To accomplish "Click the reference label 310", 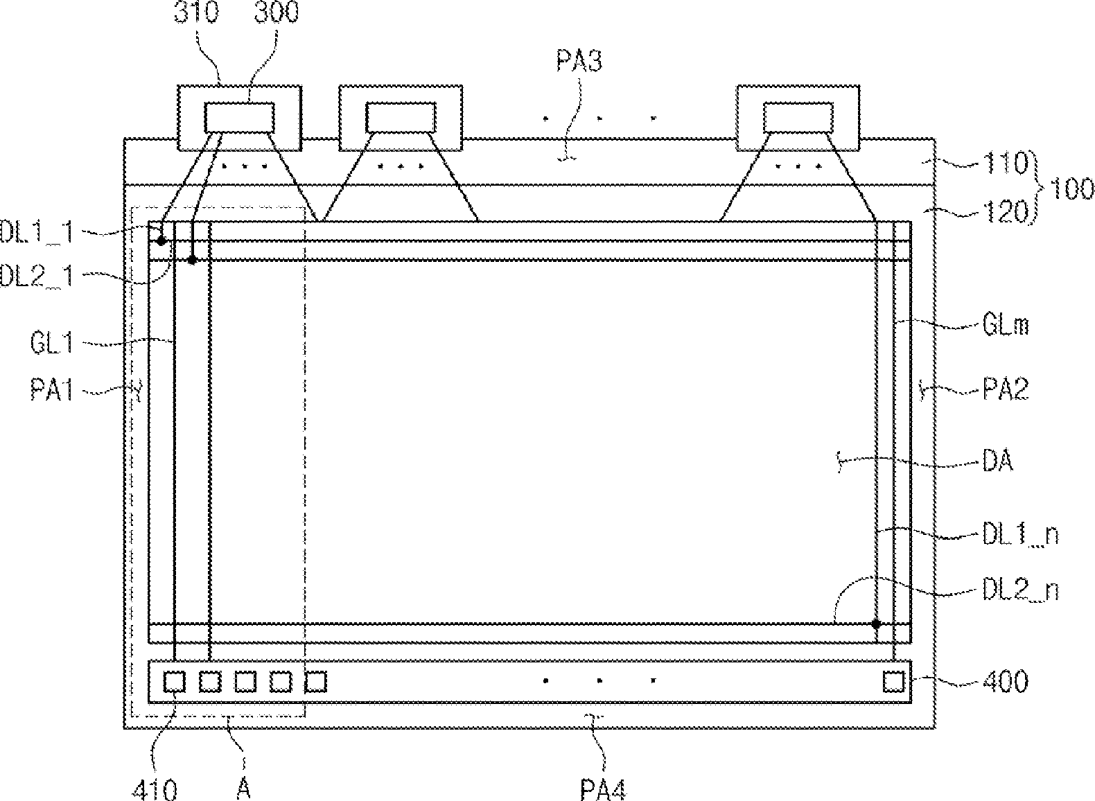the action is tap(197, 12).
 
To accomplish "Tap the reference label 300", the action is tap(277, 12).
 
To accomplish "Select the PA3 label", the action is tap(579, 62).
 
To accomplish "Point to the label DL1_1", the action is tap(37, 231).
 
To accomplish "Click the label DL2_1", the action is tap(37, 276).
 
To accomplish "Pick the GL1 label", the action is tap(51, 342).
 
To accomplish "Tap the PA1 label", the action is tap(51, 391).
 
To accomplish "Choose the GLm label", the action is tap(1006, 324).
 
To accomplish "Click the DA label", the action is tap(997, 461).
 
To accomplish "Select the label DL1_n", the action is tap(1021, 535).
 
